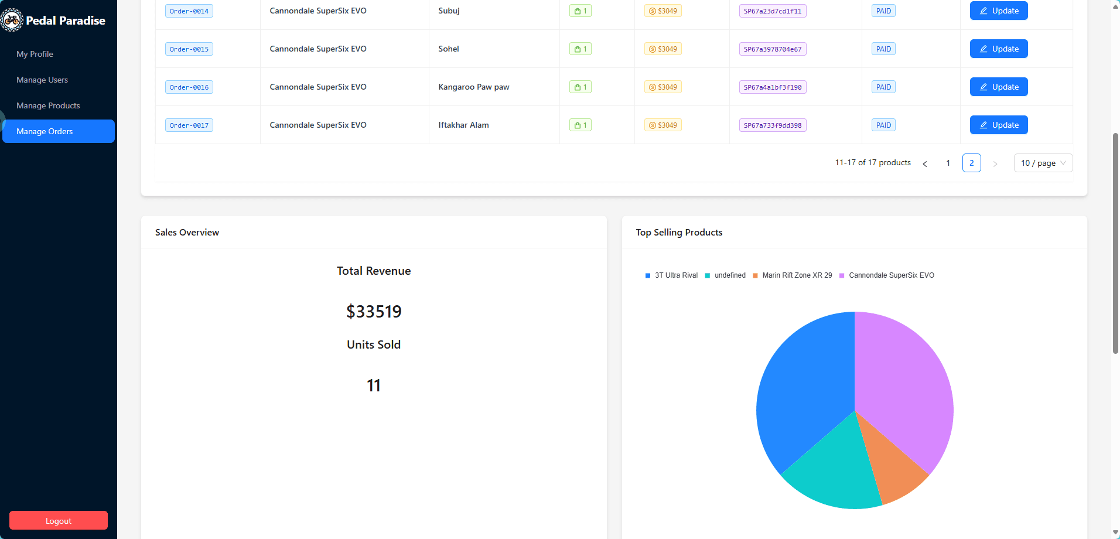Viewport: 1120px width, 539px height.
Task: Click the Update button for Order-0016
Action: (x=998, y=87)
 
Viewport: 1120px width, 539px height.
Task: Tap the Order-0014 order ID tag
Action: (x=189, y=11)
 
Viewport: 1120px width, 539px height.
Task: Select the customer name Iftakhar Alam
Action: (x=463, y=125)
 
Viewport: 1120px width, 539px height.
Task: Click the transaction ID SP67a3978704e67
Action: (x=772, y=49)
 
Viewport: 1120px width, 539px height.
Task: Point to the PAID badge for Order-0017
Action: (x=883, y=125)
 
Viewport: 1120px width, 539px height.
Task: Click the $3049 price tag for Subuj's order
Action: (x=663, y=11)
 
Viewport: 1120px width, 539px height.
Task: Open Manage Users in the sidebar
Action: (x=42, y=80)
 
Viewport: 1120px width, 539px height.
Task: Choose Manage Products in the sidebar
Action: (x=48, y=105)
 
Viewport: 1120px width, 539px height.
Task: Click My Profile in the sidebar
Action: (x=35, y=54)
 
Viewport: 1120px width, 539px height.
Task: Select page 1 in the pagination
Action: (x=948, y=163)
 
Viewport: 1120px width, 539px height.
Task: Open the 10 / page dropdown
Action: (x=1043, y=163)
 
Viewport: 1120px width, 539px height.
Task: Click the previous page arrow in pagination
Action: (x=924, y=163)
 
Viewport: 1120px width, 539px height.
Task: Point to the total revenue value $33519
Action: (x=374, y=311)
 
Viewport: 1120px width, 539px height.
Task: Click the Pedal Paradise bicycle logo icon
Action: (x=11, y=21)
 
